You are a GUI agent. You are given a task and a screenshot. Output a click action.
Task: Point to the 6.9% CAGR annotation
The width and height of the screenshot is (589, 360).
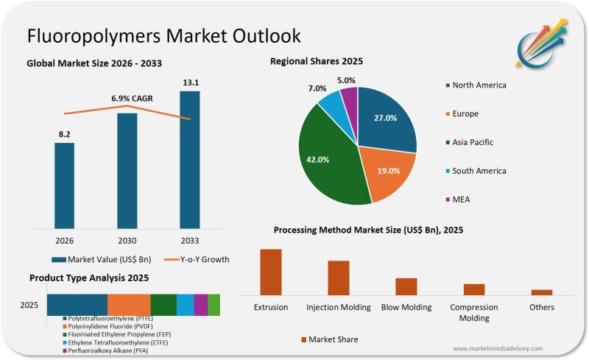pyautogui.click(x=127, y=98)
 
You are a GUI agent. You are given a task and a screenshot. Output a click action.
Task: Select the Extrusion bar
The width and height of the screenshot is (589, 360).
pyautogui.click(x=271, y=272)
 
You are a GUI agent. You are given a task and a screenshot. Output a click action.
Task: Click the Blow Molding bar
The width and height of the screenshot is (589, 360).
pyautogui.click(x=406, y=286)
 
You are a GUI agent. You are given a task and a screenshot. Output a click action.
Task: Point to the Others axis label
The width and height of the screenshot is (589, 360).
pyautogui.click(x=542, y=307)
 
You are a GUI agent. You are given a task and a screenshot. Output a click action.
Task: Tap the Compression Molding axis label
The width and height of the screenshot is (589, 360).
pyautogui.click(x=474, y=312)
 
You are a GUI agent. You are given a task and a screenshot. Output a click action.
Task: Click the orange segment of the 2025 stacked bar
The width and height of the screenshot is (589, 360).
pyautogui.click(x=129, y=305)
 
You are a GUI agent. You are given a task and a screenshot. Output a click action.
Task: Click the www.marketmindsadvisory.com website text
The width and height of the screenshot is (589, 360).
pyautogui.click(x=498, y=348)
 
